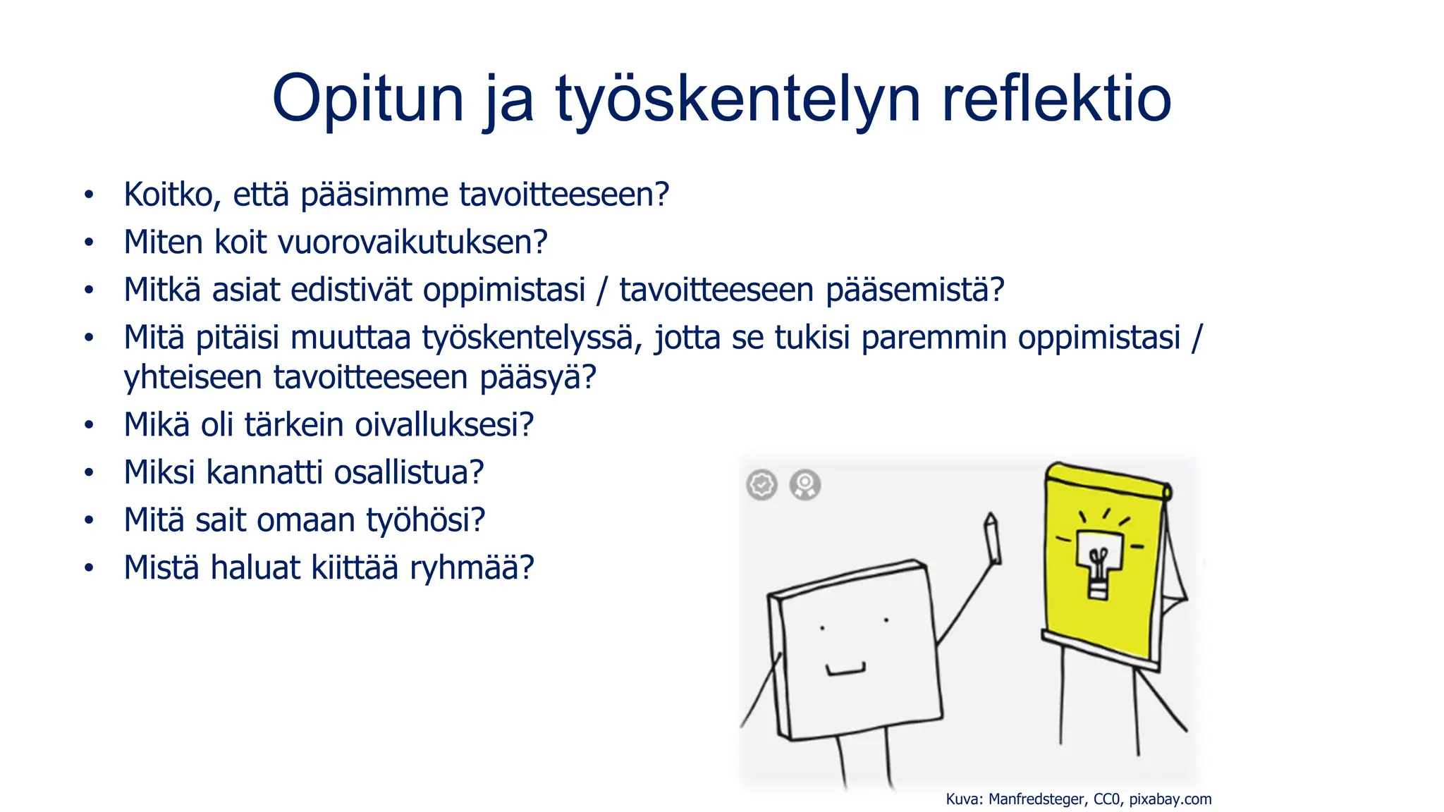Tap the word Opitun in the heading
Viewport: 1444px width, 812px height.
[367, 99]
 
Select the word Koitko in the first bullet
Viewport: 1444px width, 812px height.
[171, 195]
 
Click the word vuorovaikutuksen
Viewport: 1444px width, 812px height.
[412, 242]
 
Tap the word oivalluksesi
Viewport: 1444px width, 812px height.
[444, 425]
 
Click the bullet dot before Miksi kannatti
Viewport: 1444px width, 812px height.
[89, 473]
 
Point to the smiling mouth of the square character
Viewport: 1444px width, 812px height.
[845, 670]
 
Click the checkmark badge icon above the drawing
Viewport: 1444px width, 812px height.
[761, 484]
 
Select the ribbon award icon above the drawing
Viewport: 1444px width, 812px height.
[804, 484]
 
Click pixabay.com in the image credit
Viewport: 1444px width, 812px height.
[1170, 799]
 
